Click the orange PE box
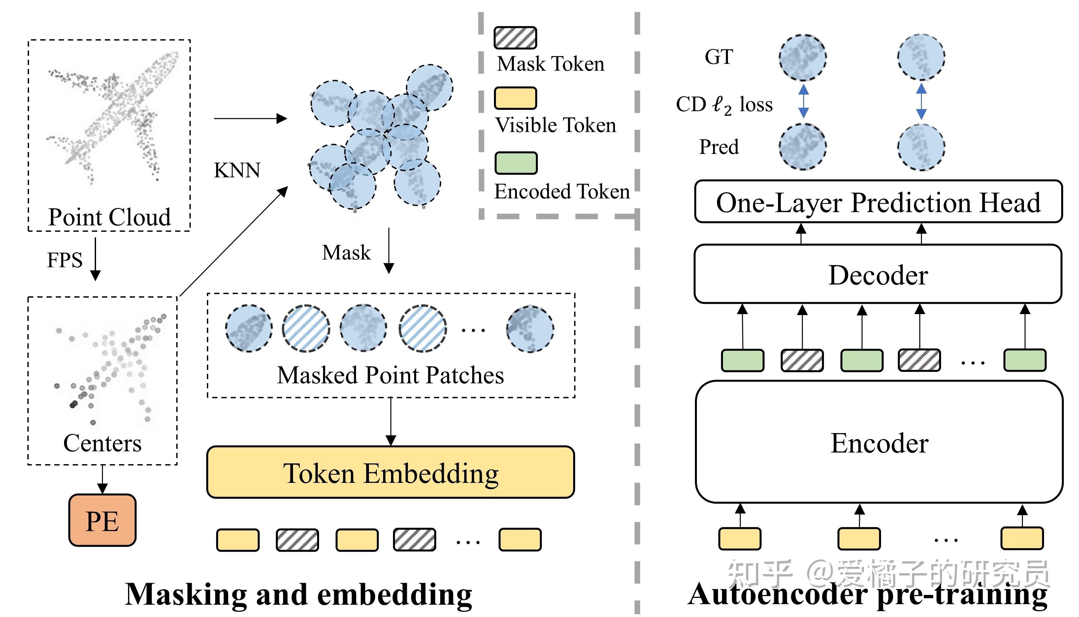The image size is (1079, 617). pyautogui.click(x=102, y=520)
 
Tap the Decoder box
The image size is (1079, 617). pyautogui.click(x=878, y=275)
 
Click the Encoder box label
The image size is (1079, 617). pyautogui.click(x=879, y=443)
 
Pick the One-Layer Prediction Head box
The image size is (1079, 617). pyautogui.click(x=878, y=202)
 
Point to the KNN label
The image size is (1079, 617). pyautogui.click(x=237, y=170)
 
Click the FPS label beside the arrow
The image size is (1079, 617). pyautogui.click(x=64, y=260)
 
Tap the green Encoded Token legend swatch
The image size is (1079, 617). pyautogui.click(x=516, y=163)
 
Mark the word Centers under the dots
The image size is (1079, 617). pyautogui.click(x=102, y=443)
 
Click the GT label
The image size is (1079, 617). pyautogui.click(x=719, y=57)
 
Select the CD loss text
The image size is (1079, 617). pyautogui.click(x=724, y=104)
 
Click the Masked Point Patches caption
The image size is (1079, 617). pyautogui.click(x=390, y=375)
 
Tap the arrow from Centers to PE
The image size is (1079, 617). pyautogui.click(x=102, y=479)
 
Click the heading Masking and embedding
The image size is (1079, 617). pyautogui.click(x=298, y=594)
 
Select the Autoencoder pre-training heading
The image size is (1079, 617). pyautogui.click(x=867, y=594)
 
